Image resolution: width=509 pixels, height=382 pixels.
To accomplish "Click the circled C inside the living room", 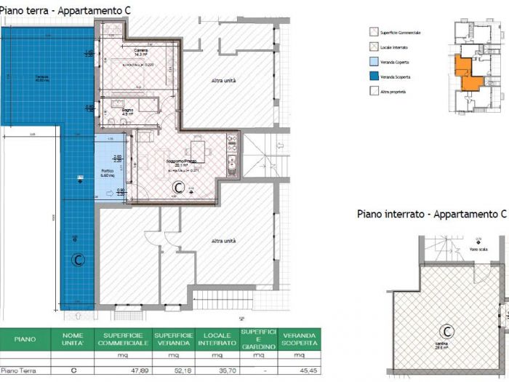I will point(177,187).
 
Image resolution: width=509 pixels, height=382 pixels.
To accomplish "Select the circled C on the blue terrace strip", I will point(74,259).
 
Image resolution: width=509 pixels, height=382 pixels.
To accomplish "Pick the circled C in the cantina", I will point(447,332).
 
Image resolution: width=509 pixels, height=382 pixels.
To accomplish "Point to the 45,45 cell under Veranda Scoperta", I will point(300,370).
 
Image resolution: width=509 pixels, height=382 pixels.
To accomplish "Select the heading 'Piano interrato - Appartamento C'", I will point(430,214).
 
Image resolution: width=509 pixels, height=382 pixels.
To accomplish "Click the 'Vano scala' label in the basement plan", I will point(476,249).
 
